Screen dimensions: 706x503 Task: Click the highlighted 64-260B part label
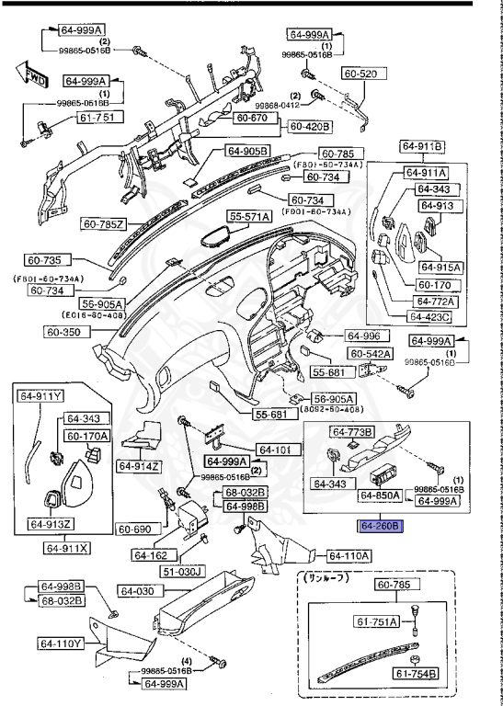tap(379, 526)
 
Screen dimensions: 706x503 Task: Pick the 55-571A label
tap(249, 217)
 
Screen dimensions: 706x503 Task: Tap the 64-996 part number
tap(364, 336)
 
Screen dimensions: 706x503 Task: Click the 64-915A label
tap(440, 267)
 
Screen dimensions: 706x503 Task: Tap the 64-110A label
tap(350, 555)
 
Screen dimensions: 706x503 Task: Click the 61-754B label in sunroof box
tap(417, 675)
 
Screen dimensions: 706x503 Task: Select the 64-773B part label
tap(353, 432)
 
